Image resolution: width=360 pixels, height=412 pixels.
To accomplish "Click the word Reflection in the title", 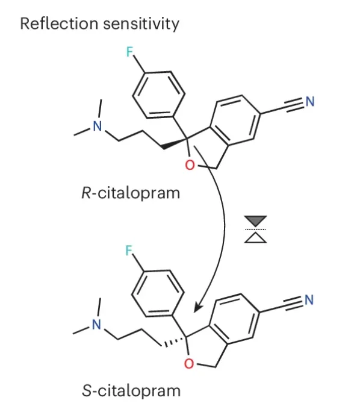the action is [x=59, y=23].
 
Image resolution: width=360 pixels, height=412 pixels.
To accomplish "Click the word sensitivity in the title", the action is [x=141, y=24].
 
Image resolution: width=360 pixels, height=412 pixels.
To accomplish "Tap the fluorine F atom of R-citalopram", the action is [x=129, y=52].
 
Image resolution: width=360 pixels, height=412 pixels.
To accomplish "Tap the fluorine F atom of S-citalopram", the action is [x=129, y=250].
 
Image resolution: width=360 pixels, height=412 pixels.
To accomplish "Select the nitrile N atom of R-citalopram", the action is [x=310, y=101].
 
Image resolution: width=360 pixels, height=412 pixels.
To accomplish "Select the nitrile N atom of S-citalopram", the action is [x=309, y=300].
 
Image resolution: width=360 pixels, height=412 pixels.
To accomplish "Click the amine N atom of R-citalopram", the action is [x=98, y=126].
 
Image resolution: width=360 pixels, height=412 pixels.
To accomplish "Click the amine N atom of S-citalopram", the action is [x=96, y=325].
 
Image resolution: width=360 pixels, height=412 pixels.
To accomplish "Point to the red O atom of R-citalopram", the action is [x=190, y=165].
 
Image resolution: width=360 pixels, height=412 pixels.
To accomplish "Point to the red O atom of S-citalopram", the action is [x=189, y=364].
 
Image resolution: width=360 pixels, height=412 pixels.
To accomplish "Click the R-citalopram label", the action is [x=131, y=193].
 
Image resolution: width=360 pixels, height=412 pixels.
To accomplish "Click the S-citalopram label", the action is [x=131, y=391].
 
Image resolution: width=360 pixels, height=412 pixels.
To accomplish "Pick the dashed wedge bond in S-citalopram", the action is [x=173, y=342].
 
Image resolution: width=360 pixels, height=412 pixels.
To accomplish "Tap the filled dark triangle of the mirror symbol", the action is [x=255, y=220].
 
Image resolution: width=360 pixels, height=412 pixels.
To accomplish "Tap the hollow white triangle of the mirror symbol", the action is [x=255, y=239].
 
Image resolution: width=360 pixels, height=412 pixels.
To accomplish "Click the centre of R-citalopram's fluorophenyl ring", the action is [x=158, y=95].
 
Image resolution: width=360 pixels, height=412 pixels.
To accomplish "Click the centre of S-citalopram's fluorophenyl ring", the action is [x=158, y=293].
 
